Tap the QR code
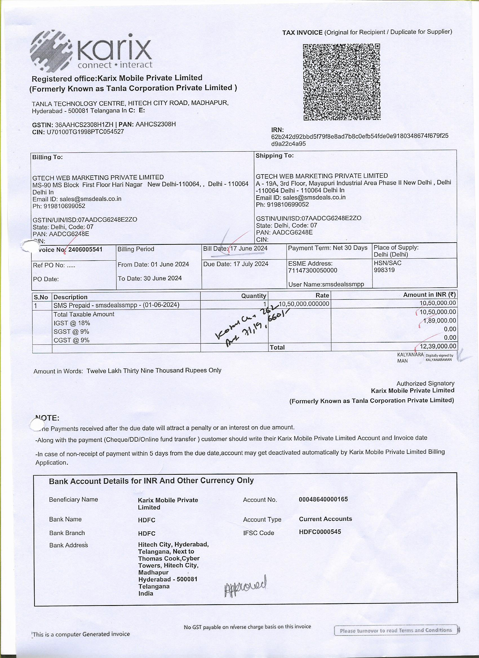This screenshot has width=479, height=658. tap(341, 82)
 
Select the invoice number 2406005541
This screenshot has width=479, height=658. tap(85, 250)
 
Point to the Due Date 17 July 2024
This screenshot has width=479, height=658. tap(251, 264)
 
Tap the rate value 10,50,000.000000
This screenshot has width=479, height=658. tap(304, 304)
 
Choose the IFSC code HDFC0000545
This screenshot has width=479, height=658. tap(320, 532)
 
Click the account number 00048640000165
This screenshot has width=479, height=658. tap(323, 499)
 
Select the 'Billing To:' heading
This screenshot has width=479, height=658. tap(48, 157)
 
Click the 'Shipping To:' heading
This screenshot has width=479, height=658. tap(274, 156)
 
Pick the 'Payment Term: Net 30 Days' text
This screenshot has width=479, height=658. tap(328, 248)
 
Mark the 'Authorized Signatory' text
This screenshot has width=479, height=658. tap(425, 384)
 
